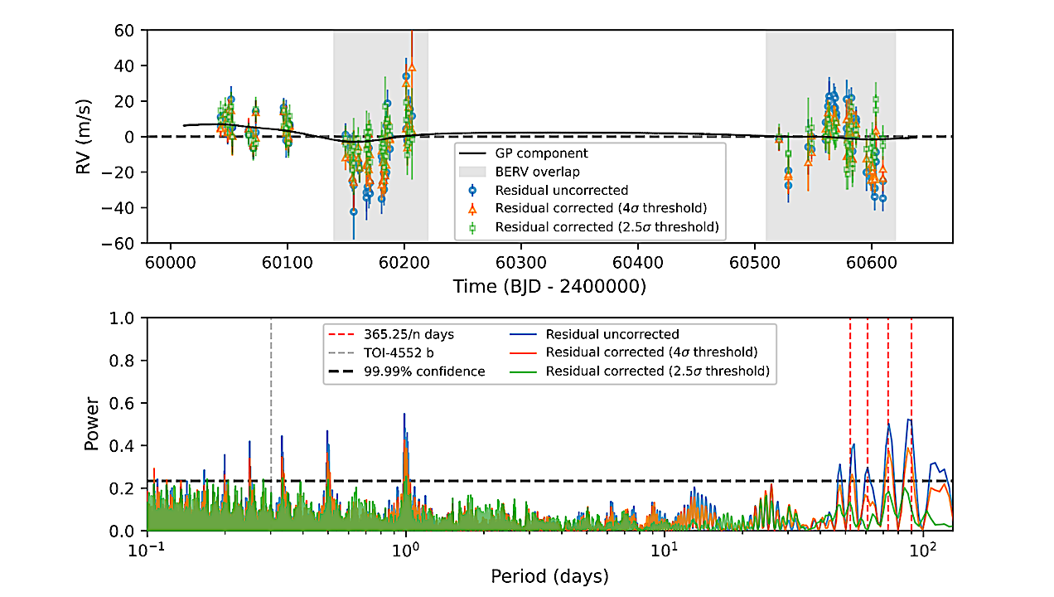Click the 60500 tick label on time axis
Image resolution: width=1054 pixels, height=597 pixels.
[754, 260]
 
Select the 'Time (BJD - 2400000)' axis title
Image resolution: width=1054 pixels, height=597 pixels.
[549, 286]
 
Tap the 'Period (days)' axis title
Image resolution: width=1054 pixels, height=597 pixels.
[549, 575]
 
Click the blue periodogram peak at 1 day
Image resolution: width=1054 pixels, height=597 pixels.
[404, 415]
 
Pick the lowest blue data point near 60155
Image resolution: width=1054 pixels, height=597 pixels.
[354, 211]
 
